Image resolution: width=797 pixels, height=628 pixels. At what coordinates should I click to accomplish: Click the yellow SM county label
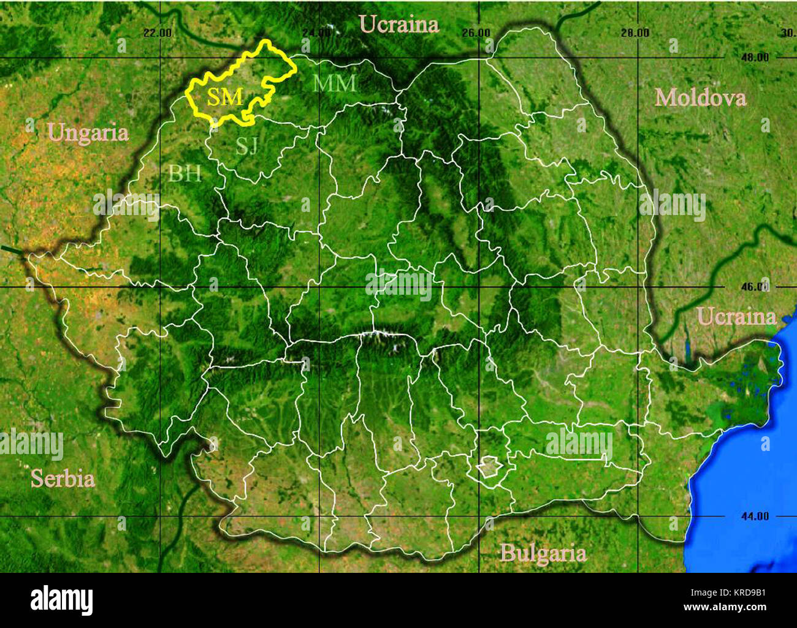tap(225, 96)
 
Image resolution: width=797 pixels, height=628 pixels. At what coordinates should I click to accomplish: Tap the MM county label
tap(334, 83)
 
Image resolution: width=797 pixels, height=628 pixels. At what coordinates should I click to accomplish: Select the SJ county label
tap(246, 146)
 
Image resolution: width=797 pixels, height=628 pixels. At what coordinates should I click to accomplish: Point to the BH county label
tap(185, 174)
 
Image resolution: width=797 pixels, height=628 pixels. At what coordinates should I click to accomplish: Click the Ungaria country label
tap(88, 132)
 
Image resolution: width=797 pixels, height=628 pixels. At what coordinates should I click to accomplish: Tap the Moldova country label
tap(700, 97)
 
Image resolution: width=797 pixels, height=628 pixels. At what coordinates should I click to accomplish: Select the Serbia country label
tap(63, 479)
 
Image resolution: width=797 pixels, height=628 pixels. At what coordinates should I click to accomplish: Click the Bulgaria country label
tap(543, 553)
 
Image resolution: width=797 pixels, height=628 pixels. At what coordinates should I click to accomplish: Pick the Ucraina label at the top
tap(398, 25)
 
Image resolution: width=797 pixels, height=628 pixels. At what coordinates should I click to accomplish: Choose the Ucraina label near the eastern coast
tap(736, 317)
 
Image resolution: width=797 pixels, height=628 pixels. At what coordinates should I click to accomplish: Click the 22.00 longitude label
tap(158, 32)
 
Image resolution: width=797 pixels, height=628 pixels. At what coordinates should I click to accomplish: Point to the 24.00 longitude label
tap(316, 32)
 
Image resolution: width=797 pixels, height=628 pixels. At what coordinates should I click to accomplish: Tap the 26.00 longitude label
tap(476, 32)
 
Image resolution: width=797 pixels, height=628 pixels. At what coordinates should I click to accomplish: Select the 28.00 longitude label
tap(635, 32)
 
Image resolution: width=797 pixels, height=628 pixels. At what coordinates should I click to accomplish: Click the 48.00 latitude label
tap(754, 58)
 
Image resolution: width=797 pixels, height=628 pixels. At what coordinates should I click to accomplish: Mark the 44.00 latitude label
tap(754, 516)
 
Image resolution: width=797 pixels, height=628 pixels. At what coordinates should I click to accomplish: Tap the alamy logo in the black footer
tap(61, 600)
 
